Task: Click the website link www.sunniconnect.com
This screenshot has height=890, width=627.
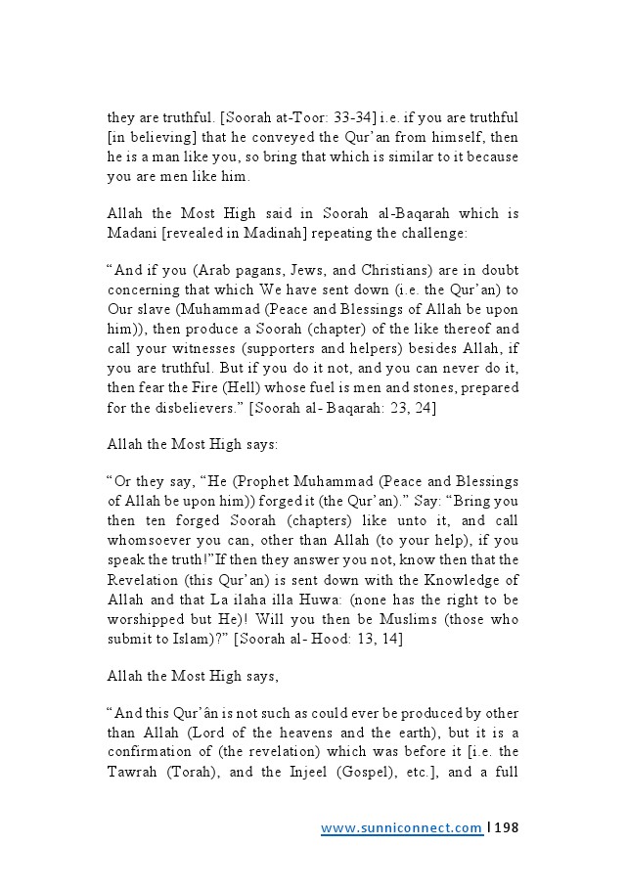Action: point(401,828)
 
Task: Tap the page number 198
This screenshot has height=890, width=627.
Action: point(507,828)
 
